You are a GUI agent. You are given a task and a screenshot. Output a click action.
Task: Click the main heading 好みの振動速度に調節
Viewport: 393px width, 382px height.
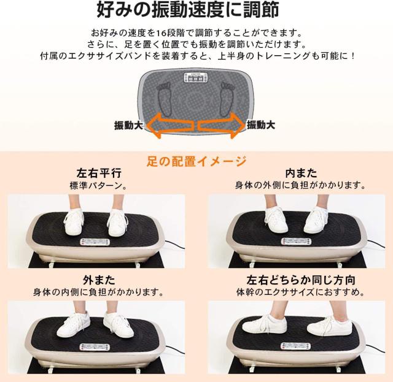(x=188, y=10)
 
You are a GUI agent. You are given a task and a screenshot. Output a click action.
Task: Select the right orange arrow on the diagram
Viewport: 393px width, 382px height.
(x=221, y=125)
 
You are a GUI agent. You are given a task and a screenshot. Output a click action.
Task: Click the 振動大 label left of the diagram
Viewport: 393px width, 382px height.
(x=128, y=125)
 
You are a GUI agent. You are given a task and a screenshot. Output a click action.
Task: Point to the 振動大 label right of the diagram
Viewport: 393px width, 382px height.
(x=261, y=124)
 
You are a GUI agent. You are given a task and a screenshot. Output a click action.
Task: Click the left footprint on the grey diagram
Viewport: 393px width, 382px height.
(x=165, y=98)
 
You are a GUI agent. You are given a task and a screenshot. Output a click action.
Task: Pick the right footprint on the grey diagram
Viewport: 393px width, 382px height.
(x=228, y=99)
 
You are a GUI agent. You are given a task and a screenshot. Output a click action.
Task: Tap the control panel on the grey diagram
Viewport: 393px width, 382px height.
(x=196, y=78)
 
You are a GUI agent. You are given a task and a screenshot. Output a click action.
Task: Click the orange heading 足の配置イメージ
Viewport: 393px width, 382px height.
(x=196, y=161)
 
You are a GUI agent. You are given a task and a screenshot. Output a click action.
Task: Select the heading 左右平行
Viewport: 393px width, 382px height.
(x=99, y=173)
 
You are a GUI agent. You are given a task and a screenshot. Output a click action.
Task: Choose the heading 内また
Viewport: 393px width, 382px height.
(x=301, y=173)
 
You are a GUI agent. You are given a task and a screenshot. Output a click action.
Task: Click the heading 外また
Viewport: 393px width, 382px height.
(x=99, y=280)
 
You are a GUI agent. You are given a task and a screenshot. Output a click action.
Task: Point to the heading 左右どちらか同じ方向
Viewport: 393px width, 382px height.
(x=301, y=280)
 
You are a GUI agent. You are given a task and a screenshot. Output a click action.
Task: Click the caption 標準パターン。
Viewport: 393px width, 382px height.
(x=98, y=186)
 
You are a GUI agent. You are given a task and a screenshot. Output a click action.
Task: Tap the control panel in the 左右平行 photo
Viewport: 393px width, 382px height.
(x=95, y=242)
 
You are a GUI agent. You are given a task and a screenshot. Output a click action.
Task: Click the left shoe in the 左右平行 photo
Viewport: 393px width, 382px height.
(x=74, y=222)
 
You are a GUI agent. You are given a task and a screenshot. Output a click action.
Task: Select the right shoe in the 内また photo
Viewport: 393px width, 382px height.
(x=315, y=221)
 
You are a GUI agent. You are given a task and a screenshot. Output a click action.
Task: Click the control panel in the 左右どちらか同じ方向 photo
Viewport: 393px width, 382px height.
(x=295, y=346)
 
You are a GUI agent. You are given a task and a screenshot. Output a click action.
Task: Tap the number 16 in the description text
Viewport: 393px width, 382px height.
(x=160, y=33)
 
